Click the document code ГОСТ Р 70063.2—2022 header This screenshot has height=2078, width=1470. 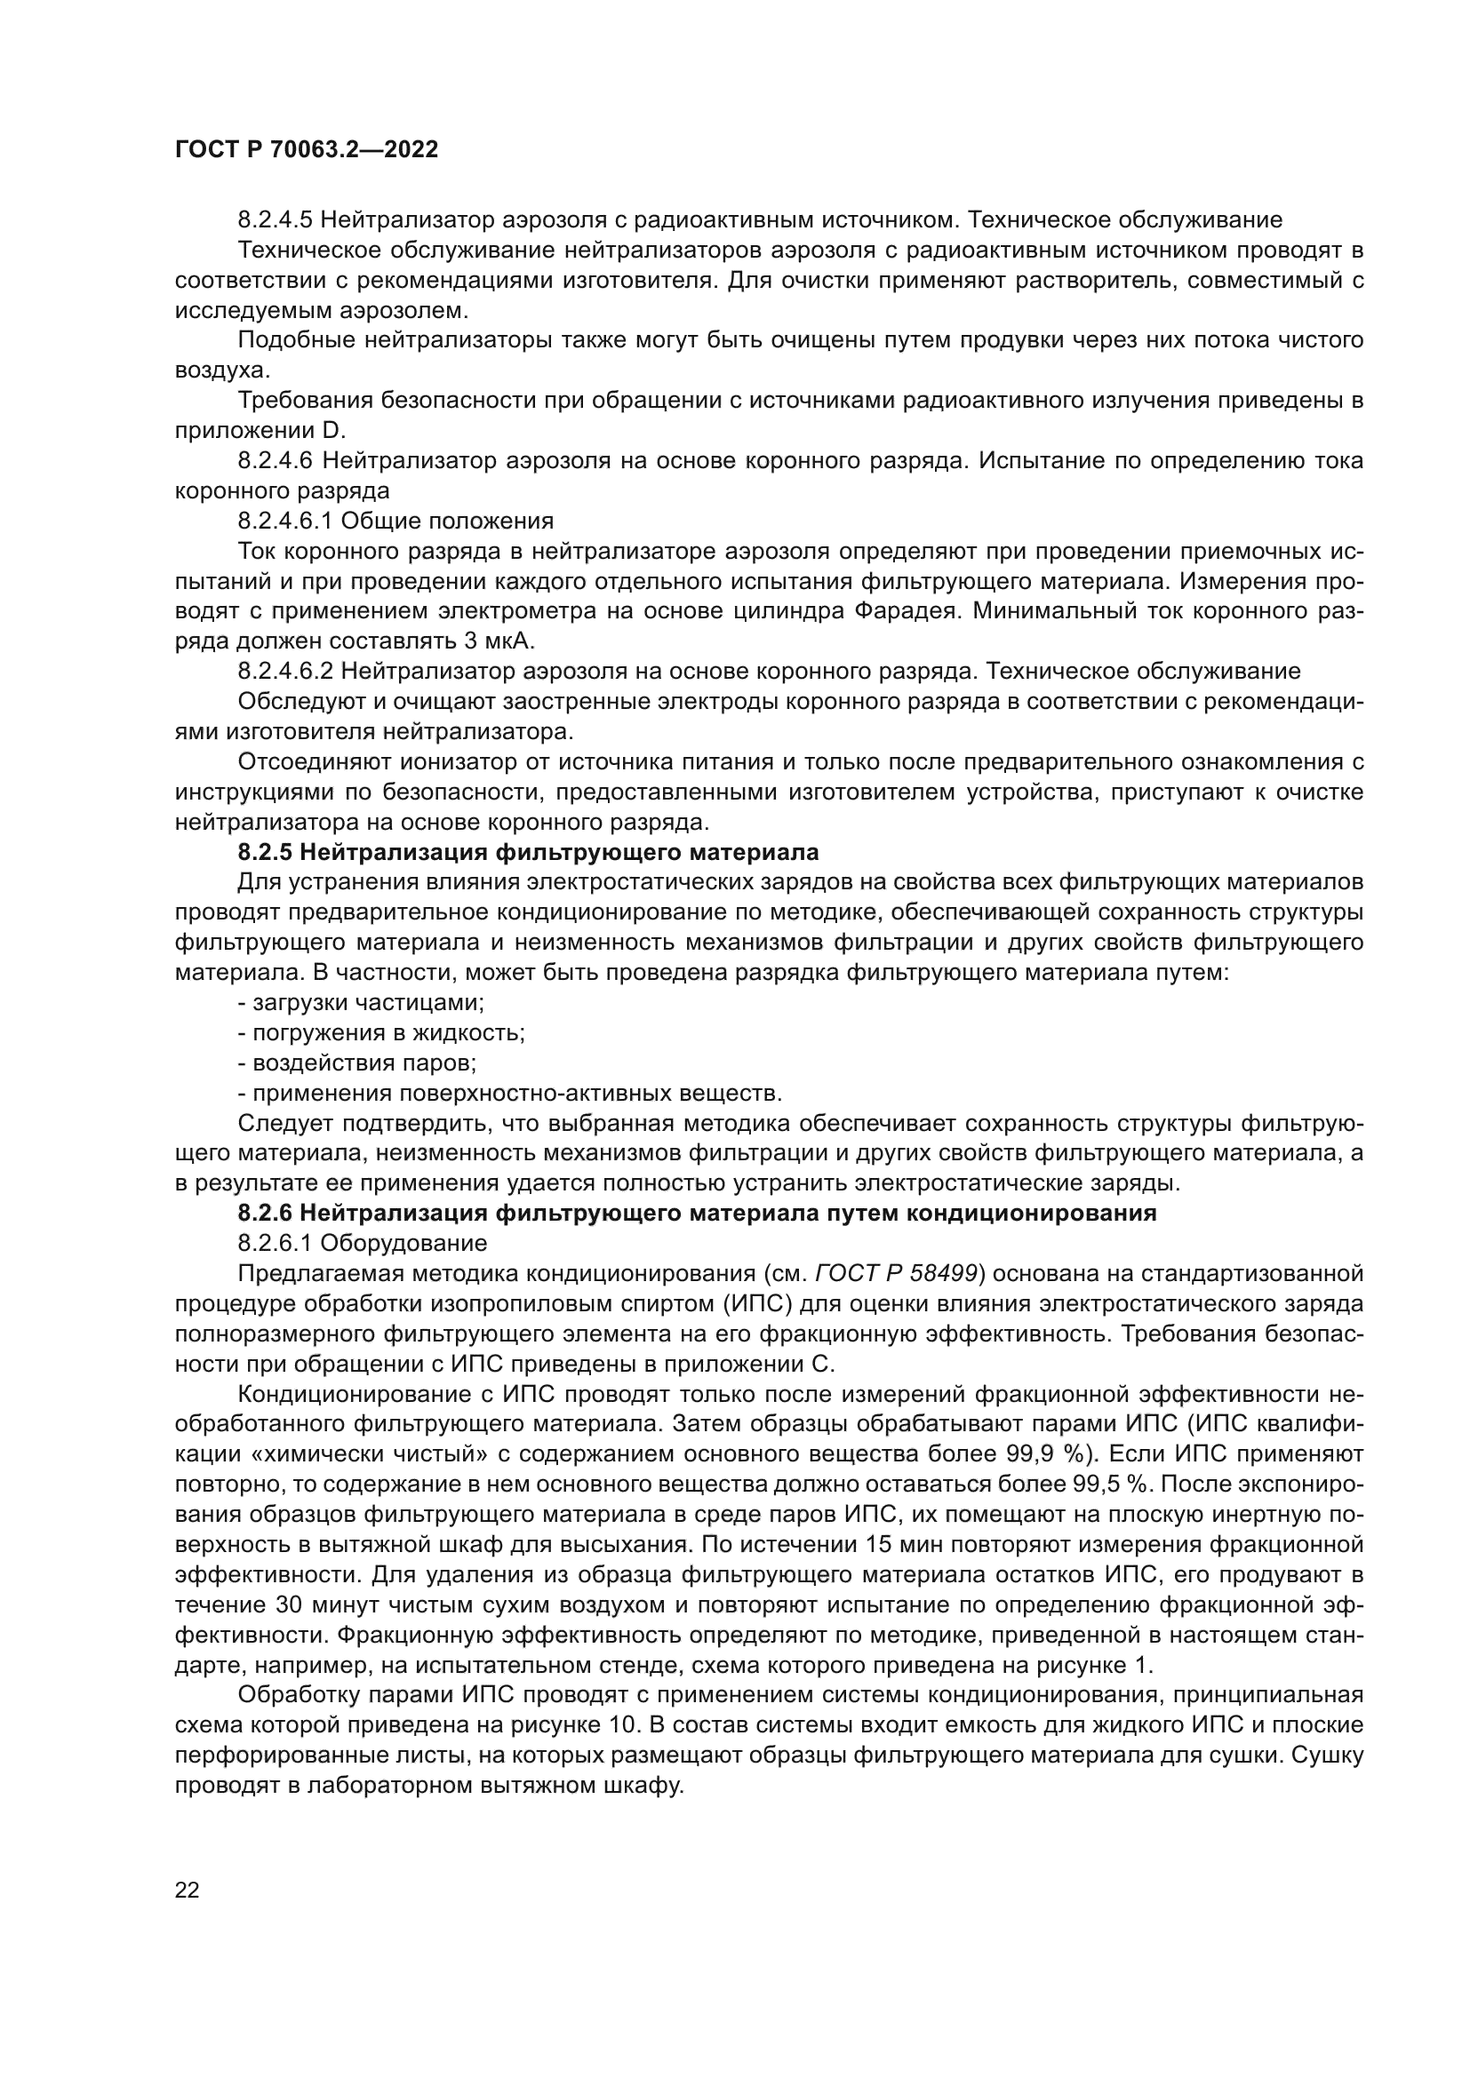click(x=306, y=150)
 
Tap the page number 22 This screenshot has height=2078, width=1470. click(x=187, y=1890)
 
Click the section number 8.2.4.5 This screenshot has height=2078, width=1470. click(x=276, y=220)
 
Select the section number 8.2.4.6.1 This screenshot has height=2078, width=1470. click(x=285, y=521)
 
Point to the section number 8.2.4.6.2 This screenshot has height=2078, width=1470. click(x=286, y=672)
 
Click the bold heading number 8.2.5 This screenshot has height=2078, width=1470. click(x=264, y=853)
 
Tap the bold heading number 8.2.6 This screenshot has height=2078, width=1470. click(x=264, y=1214)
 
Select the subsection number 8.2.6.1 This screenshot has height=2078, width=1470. click(x=276, y=1244)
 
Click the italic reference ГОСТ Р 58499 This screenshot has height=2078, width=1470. click(x=896, y=1274)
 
